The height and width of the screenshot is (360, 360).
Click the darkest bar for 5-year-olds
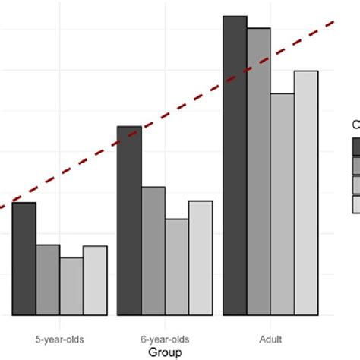click(24, 258)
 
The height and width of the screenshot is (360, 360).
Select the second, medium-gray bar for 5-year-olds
click(48, 279)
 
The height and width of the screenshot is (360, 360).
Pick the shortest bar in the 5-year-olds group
click(71, 286)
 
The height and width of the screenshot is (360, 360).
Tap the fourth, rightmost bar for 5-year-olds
click(95, 279)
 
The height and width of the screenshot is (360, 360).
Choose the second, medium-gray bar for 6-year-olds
click(153, 251)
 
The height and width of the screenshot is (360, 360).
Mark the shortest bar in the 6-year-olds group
click(176, 267)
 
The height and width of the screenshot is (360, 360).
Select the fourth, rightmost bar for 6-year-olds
click(201, 257)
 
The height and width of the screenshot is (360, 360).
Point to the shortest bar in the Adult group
click(283, 204)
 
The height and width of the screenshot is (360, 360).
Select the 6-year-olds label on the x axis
click(165, 338)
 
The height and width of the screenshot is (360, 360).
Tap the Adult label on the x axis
click(270, 338)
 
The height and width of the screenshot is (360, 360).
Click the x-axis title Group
click(165, 352)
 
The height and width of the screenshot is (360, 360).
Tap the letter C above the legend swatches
click(355, 125)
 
